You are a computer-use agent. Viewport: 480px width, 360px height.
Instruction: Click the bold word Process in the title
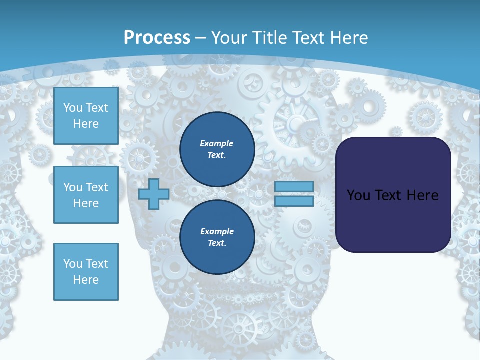[157, 37]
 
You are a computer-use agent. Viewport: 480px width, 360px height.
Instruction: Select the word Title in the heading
[270, 37]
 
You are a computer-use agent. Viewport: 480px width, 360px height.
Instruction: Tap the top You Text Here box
[86, 116]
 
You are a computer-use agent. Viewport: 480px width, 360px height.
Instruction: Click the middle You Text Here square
[86, 195]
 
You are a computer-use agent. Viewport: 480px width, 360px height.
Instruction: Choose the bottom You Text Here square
[86, 271]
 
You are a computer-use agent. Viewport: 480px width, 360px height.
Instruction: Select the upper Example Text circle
[217, 149]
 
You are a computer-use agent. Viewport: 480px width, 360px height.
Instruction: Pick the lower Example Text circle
[217, 237]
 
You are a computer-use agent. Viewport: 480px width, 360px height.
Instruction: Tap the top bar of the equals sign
[294, 187]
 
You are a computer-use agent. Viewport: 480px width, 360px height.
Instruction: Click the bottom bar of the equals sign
[294, 201]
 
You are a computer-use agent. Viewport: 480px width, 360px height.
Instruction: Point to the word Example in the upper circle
[217, 143]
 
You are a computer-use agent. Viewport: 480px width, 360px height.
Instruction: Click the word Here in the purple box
[422, 195]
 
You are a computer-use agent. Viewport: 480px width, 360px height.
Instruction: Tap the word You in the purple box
[358, 195]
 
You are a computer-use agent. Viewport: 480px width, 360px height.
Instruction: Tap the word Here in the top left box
[86, 124]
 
